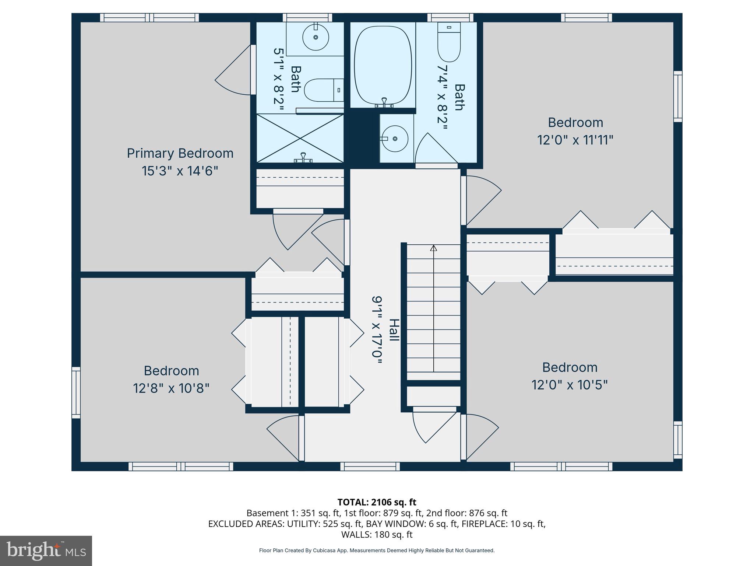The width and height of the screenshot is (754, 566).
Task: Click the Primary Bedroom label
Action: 180,153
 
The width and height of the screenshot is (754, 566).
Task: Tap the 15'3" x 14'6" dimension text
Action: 180,171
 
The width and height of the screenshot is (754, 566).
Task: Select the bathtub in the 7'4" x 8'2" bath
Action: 383,65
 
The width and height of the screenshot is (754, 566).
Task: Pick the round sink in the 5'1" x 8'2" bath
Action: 316,37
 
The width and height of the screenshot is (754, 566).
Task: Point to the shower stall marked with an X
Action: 300,139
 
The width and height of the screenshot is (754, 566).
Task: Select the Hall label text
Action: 394,330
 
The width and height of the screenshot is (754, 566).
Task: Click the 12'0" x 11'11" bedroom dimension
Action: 575,140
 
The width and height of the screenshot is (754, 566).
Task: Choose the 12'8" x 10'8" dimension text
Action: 171,388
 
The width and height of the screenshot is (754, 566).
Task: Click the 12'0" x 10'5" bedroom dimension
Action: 569,385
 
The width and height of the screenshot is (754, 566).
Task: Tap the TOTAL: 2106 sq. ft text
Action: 377,502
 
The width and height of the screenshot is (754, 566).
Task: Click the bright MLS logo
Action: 46,551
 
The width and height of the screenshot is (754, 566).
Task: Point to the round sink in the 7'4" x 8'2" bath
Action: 394,139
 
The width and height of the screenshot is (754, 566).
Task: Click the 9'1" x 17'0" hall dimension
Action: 377,330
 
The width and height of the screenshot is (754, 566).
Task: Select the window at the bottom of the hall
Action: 370,467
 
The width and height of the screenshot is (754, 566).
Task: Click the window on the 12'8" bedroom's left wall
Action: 76,392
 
